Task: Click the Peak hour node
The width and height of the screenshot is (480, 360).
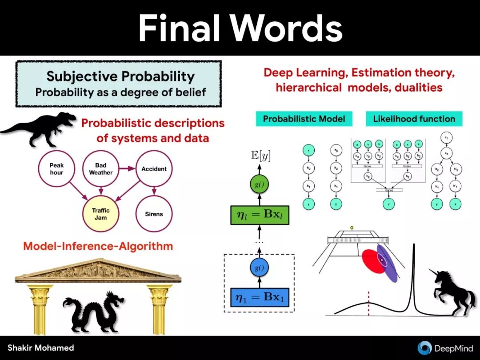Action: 56,169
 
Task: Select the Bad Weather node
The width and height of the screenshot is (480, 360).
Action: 101,169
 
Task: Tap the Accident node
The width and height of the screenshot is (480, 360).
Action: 154,169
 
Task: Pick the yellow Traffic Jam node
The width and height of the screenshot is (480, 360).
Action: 101,214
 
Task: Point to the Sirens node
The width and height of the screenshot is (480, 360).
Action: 154,214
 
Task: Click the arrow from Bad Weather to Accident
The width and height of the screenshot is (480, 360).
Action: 126,169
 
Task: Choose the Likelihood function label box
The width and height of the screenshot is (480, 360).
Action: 414,119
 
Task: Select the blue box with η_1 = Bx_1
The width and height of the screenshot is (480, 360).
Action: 260,297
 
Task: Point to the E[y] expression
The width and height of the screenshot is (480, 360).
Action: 260,156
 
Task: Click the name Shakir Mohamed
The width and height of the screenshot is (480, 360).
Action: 40,348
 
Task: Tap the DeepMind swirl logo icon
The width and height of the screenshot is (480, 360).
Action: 424,348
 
